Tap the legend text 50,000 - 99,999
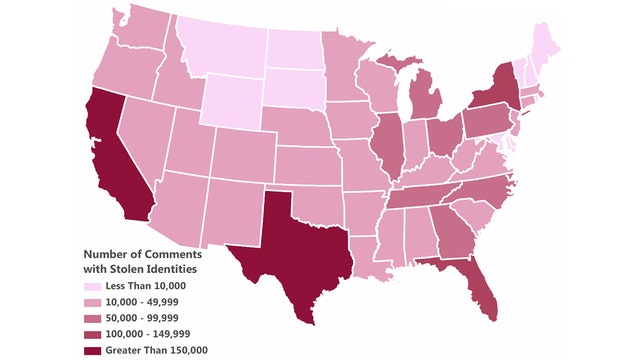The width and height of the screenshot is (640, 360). coord(141,318)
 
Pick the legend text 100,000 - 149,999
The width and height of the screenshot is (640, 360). coord(145,333)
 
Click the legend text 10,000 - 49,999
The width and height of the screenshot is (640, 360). coord(141,303)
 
